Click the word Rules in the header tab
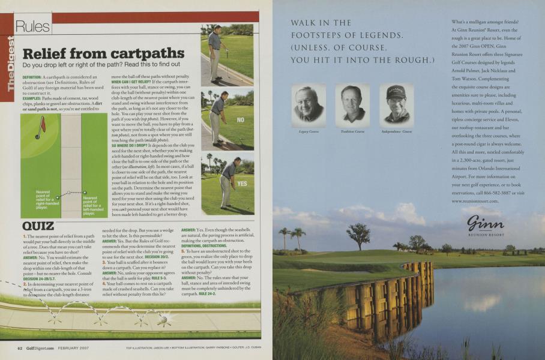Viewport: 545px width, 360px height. [33, 26]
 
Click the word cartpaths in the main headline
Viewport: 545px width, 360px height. [146, 53]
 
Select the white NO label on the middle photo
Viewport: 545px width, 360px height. [241, 120]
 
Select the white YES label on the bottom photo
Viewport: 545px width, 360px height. [242, 184]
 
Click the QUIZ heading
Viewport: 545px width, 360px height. [38, 226]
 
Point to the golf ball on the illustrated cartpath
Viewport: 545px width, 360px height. [161, 320]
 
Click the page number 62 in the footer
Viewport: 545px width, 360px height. [20, 348]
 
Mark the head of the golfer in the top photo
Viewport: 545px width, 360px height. [218, 28]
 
